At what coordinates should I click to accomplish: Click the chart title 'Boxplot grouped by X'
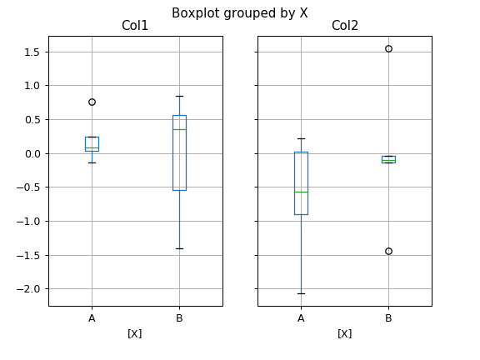(239, 12)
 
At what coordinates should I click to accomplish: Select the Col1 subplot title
(135, 27)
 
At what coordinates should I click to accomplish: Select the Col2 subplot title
(344, 27)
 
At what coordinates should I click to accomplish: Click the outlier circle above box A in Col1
(92, 102)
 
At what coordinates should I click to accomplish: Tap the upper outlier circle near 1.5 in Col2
(388, 48)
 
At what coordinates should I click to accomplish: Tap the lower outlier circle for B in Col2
(388, 251)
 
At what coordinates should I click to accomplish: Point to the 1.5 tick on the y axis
(31, 52)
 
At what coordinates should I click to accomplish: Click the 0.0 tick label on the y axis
(31, 153)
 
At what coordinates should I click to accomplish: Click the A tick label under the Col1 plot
(92, 317)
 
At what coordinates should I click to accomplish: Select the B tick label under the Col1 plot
(179, 317)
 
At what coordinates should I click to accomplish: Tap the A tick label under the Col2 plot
(301, 317)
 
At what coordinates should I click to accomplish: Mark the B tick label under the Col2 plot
(388, 317)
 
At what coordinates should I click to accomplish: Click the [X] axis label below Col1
(135, 333)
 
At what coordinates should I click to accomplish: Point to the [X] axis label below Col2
(344, 333)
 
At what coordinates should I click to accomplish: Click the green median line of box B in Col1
(179, 129)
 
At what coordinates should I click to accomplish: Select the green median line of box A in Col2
(301, 192)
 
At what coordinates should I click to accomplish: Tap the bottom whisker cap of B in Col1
(179, 248)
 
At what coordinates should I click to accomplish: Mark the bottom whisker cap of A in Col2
(301, 293)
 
